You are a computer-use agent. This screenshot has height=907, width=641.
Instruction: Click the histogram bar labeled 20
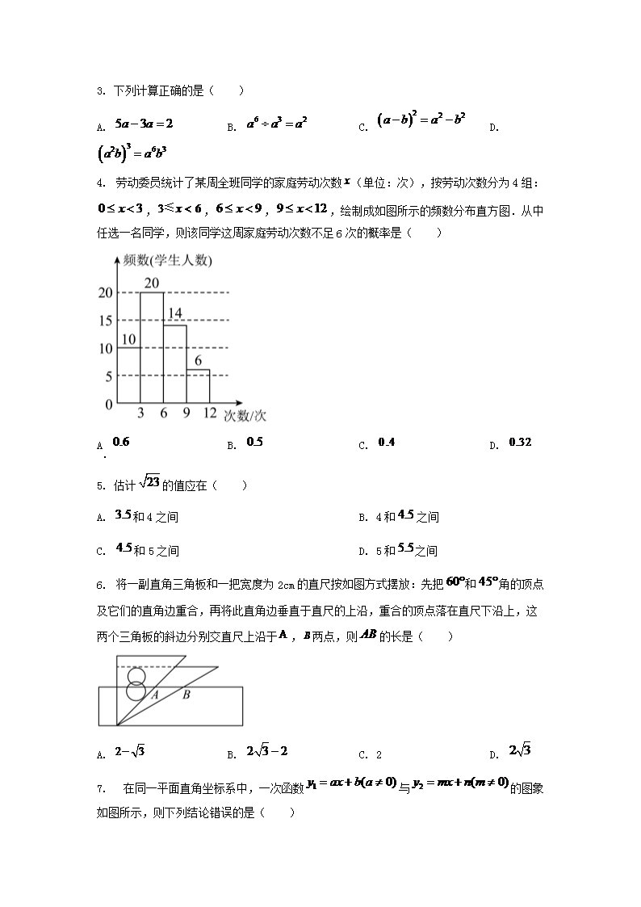pos(152,347)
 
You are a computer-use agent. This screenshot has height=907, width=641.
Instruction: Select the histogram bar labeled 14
pos(175,363)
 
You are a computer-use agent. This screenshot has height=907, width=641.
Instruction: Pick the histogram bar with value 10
pos(128,375)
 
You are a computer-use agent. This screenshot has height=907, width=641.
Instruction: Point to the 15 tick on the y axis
pos(105,321)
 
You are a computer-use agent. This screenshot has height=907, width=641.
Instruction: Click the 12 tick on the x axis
pos(210,414)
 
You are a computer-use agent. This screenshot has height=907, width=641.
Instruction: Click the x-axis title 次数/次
pos(245,416)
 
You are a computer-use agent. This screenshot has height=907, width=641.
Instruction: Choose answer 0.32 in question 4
pos(521,443)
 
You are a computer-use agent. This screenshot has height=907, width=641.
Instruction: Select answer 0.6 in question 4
pos(121,442)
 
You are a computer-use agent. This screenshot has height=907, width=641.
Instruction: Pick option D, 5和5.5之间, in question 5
pos(411,550)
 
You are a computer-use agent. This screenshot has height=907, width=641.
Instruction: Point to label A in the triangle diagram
pos(153,694)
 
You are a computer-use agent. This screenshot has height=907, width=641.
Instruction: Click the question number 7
pos(99,787)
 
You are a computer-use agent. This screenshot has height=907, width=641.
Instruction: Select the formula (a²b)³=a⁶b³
pos(131,153)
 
